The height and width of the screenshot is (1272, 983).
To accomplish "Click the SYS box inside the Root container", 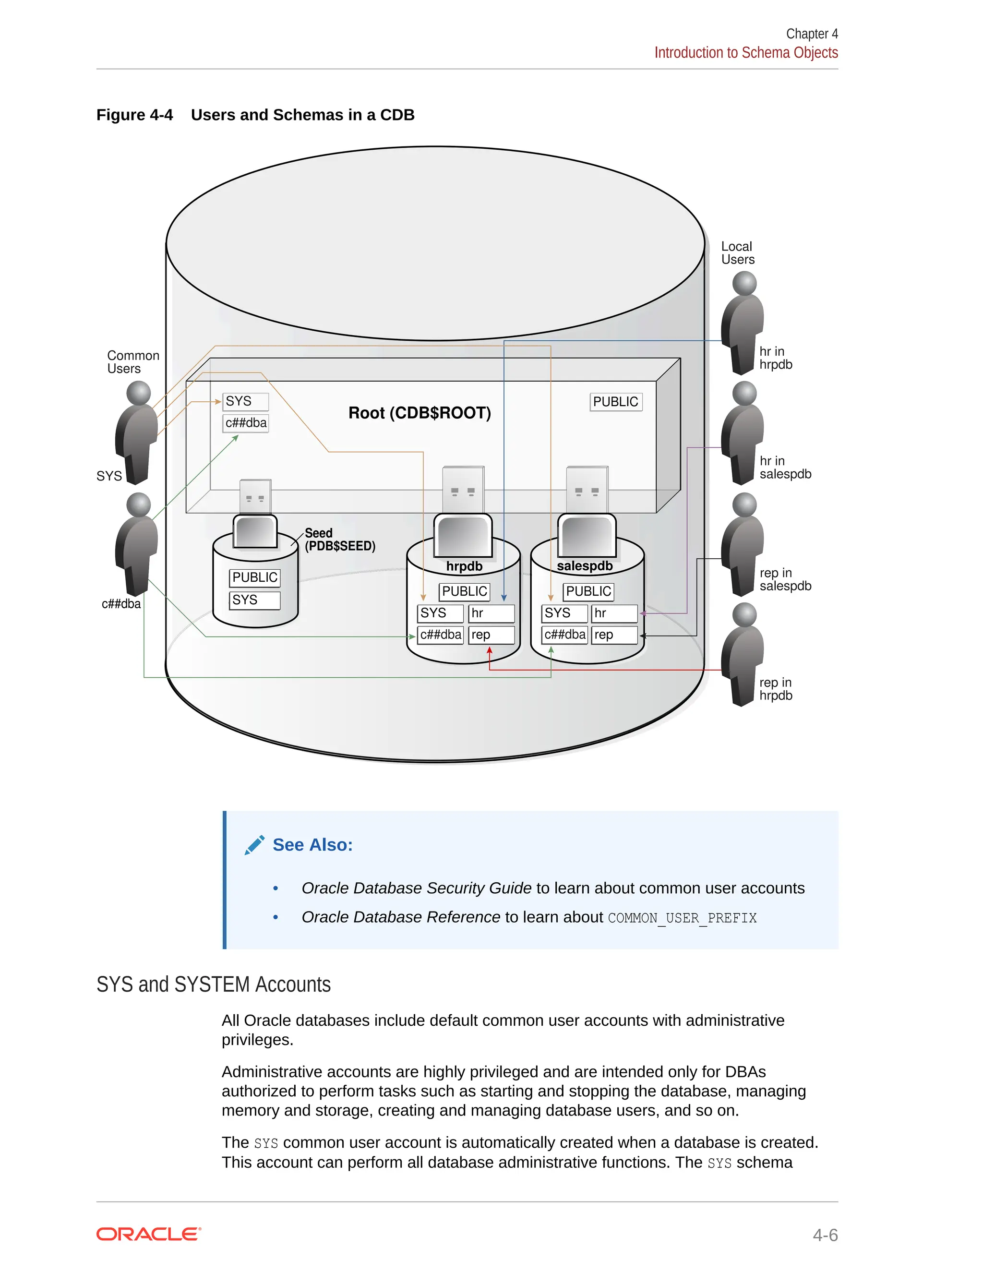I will (245, 402).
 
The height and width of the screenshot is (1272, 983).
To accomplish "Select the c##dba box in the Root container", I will (245, 423).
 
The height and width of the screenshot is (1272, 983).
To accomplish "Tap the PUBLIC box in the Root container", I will (615, 402).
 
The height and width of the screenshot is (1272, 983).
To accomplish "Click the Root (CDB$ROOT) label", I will (420, 413).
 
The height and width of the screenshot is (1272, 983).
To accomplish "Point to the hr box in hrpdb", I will (491, 613).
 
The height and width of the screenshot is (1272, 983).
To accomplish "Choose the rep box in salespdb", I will (614, 635).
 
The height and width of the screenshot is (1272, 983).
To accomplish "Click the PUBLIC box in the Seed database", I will (254, 578).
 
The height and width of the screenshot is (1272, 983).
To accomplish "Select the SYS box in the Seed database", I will (254, 600).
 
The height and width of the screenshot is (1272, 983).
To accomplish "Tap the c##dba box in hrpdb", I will (441, 635).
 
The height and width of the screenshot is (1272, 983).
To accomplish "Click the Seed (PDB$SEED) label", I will (339, 540).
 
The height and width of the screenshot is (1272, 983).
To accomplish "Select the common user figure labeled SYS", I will (137, 434).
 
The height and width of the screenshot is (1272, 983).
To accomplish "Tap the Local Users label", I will (737, 253).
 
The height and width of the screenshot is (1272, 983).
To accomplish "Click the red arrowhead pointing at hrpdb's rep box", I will (489, 652).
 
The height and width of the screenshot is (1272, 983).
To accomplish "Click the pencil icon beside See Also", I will (254, 845).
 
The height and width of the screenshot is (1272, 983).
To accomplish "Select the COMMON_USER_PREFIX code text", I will (682, 918).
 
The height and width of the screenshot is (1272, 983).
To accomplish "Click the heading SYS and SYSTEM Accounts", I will (213, 985).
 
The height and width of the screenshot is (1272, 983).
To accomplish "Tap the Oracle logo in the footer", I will (148, 1234).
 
